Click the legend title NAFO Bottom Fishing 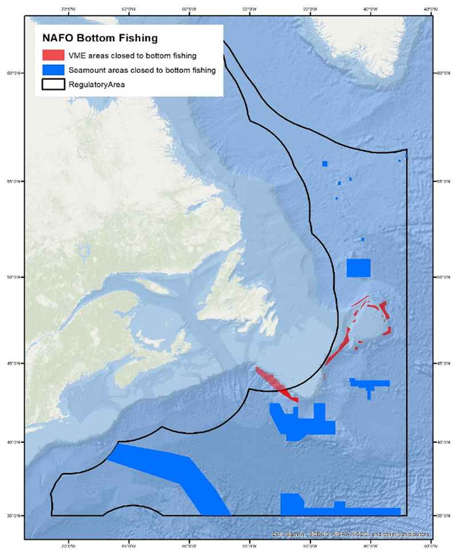(100, 39)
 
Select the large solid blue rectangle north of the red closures (359, 267)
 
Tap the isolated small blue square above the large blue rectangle (363, 239)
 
